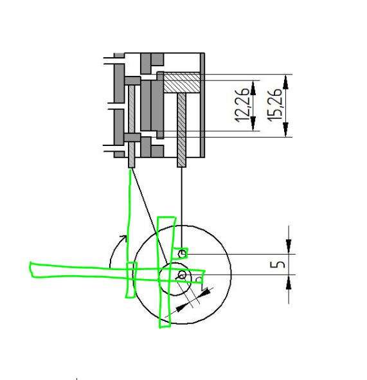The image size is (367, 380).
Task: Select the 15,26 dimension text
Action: pos(274,104)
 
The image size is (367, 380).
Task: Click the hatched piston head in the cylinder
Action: pos(182,82)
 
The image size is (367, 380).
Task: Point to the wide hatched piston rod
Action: pos(182,130)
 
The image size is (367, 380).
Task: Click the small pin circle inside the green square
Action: pos(182,254)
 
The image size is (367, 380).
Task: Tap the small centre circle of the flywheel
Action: pos(182,275)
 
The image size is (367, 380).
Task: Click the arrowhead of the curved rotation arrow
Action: pos(124,238)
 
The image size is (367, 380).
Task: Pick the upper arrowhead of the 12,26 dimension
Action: pos(253,87)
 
